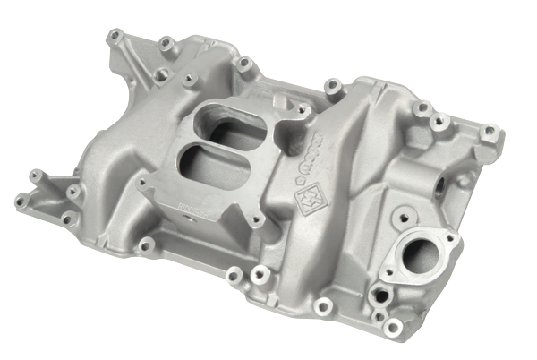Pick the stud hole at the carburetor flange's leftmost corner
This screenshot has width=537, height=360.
[143, 183]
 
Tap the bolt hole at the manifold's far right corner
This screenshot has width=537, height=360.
[488, 133]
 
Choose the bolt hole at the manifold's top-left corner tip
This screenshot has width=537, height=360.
[114, 37]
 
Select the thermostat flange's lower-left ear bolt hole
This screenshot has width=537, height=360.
[388, 269]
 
